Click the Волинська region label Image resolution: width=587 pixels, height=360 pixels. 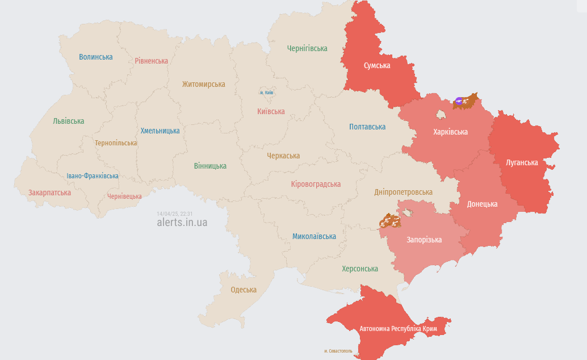[x=96, y=57]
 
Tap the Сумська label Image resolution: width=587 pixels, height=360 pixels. [x=377, y=65]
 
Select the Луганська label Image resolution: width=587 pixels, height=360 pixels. [x=522, y=162]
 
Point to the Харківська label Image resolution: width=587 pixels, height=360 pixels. [x=450, y=132]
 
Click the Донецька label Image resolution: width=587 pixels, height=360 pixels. [x=482, y=204]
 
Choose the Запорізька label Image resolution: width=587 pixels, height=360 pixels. [x=424, y=240]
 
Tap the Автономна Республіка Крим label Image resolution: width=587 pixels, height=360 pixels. [x=398, y=329]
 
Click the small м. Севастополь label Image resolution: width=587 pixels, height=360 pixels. [x=338, y=351]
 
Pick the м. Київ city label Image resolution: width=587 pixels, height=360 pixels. [x=267, y=93]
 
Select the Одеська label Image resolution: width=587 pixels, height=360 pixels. [x=244, y=290]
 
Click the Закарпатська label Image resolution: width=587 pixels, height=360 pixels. [x=50, y=192]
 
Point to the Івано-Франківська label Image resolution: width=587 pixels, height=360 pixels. [x=93, y=176]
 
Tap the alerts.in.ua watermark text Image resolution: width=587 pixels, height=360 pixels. [x=182, y=223]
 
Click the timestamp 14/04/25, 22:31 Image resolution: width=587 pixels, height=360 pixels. [x=175, y=214]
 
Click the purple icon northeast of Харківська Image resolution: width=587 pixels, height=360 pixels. [x=459, y=102]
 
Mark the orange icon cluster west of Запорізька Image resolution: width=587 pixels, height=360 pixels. [x=390, y=221]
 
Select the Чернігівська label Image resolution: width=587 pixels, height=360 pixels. [x=307, y=48]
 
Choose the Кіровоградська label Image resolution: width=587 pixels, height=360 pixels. [x=316, y=184]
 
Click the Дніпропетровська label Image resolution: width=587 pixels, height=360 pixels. [x=403, y=192]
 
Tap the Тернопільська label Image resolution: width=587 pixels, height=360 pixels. [x=116, y=143]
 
